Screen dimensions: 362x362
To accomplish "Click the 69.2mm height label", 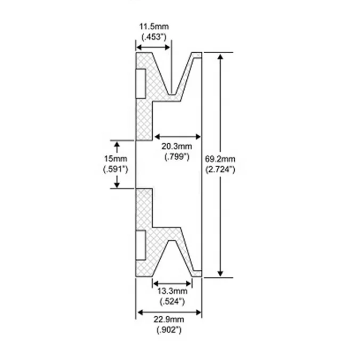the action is (x=219, y=159).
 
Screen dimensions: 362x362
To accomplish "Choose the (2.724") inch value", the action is (x=220, y=169).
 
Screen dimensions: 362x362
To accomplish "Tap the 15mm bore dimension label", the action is (x=116, y=159).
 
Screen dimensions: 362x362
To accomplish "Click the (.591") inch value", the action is (x=116, y=169).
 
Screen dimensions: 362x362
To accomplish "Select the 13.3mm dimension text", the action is (x=173, y=292).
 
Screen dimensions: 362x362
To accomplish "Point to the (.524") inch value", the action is (x=173, y=302).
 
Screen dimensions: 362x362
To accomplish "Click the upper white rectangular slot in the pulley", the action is (x=140, y=84).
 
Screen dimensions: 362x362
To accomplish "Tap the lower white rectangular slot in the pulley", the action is (x=140, y=245).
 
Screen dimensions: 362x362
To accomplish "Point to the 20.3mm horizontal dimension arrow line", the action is (x=177, y=135).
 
